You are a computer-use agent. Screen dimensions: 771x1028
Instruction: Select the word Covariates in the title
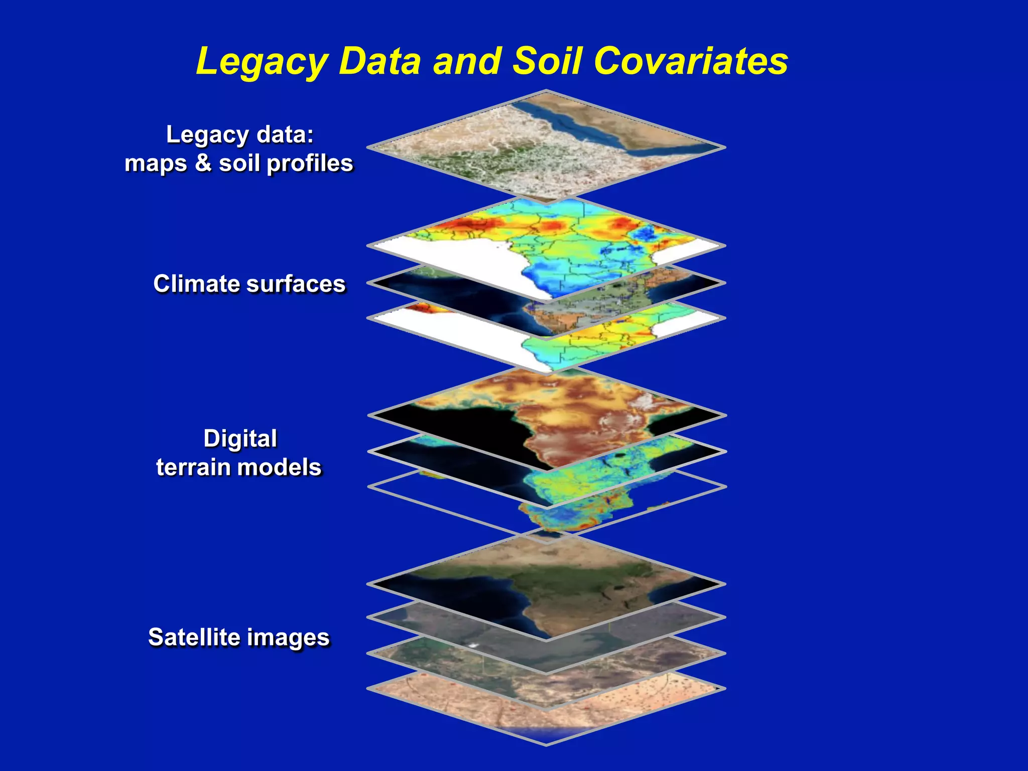coord(691,62)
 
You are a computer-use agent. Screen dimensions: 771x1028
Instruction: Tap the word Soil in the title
coord(547,62)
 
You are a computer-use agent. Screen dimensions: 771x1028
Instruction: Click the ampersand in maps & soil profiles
coord(203,163)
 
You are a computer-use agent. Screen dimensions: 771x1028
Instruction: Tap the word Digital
coord(240,439)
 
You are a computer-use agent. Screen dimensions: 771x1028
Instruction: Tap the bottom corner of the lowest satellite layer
coord(546,744)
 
